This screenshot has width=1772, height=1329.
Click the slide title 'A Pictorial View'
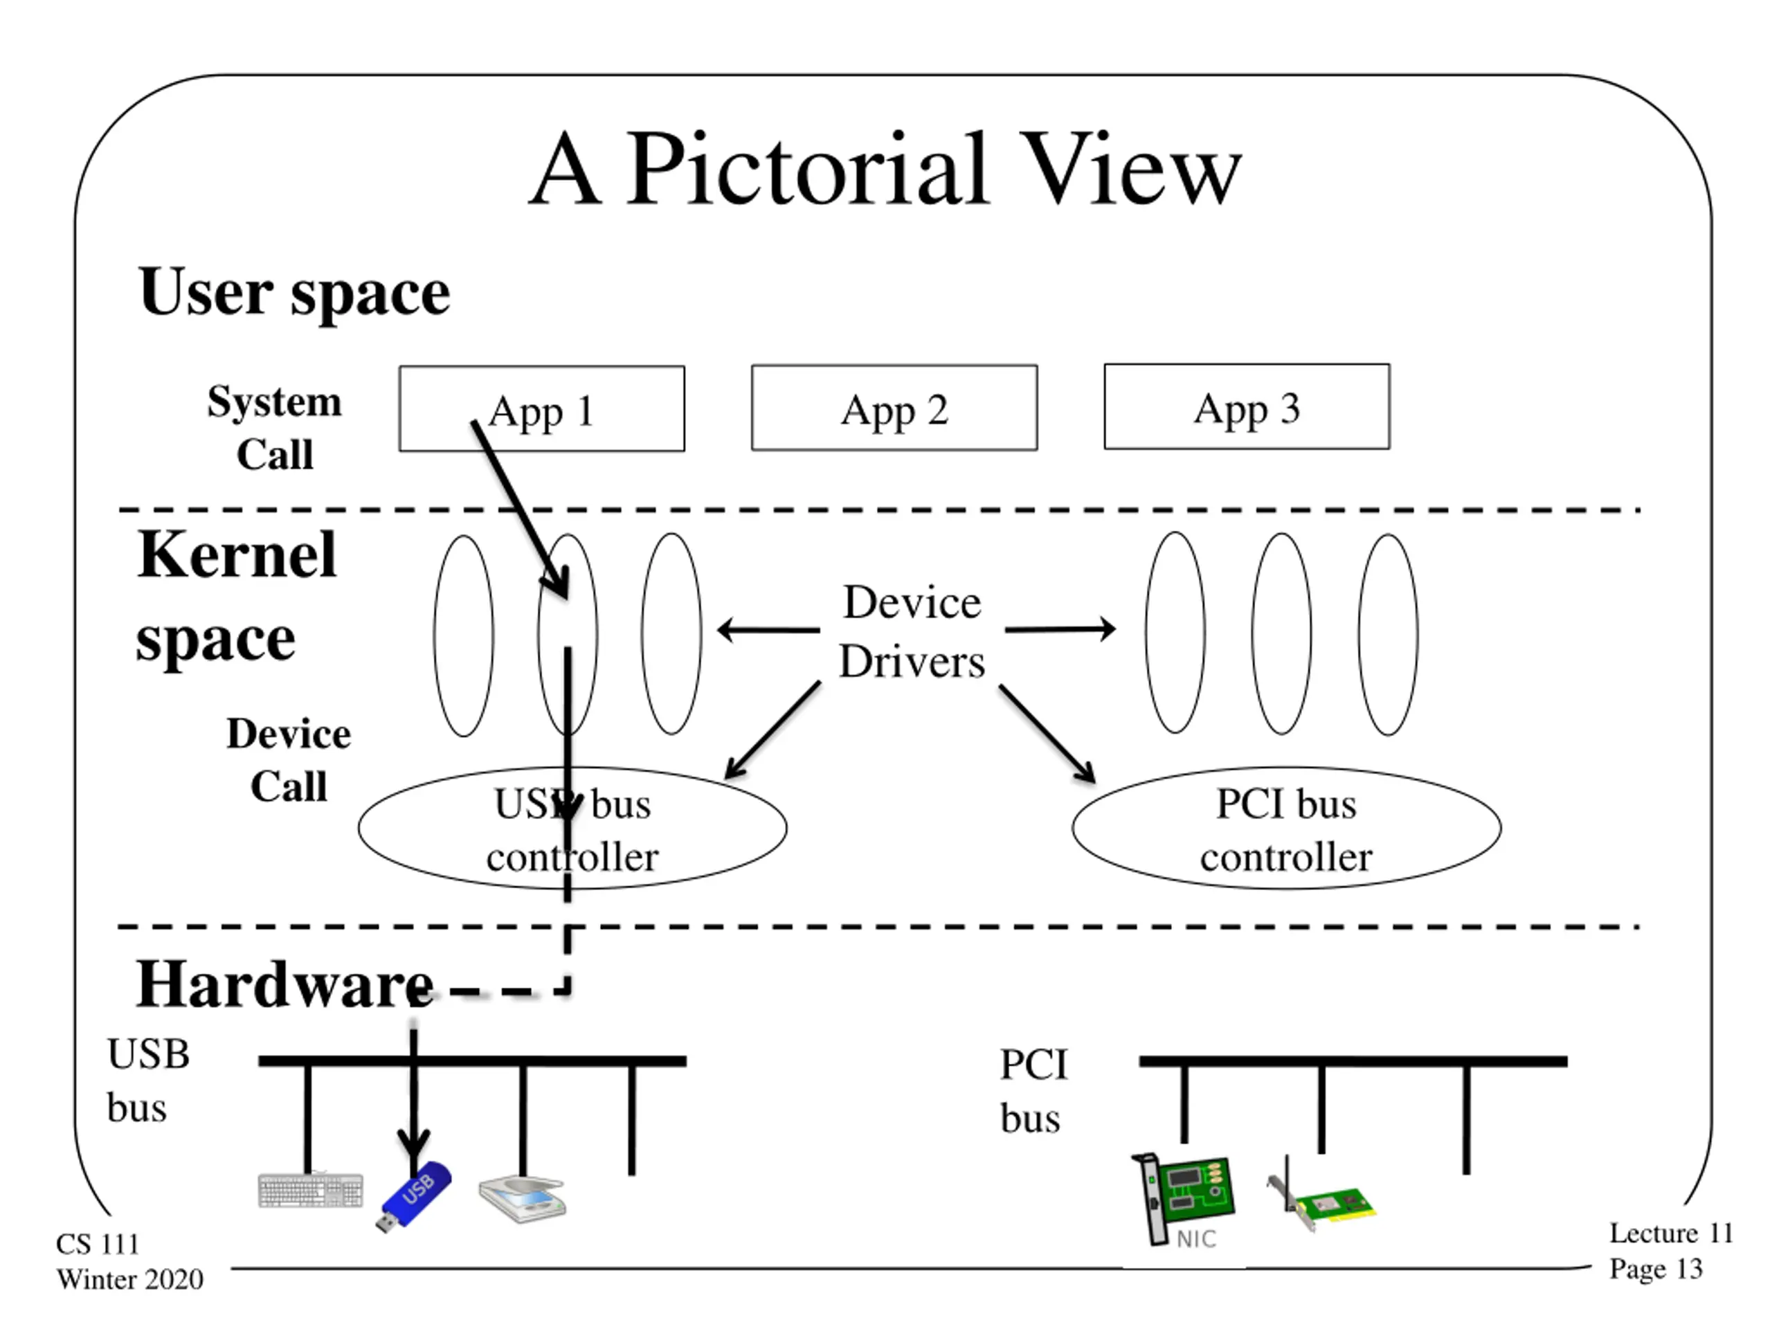[x=885, y=170]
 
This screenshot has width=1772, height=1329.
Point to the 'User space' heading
[x=294, y=291]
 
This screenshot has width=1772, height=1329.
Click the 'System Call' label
[x=274, y=427]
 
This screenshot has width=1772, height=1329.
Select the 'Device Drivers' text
[x=912, y=631]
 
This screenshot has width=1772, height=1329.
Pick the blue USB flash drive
[x=413, y=1196]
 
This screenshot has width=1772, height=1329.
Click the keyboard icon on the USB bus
[x=311, y=1190]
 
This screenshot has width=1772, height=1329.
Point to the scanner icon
[x=523, y=1198]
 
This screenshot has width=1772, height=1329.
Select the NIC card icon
[x=1182, y=1200]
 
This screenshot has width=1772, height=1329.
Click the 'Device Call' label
[x=289, y=759]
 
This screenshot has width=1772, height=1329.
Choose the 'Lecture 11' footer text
[x=1671, y=1233]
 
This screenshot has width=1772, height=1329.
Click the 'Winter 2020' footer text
[x=129, y=1279]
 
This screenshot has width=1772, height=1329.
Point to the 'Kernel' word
[x=236, y=554]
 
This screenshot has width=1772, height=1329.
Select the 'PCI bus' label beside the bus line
[x=1033, y=1091]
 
